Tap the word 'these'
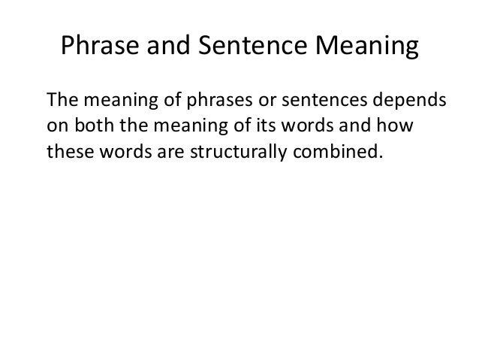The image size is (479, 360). (66, 152)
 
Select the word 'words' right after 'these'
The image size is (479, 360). (113, 152)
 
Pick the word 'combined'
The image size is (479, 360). (302, 152)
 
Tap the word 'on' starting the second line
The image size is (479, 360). (55, 126)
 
